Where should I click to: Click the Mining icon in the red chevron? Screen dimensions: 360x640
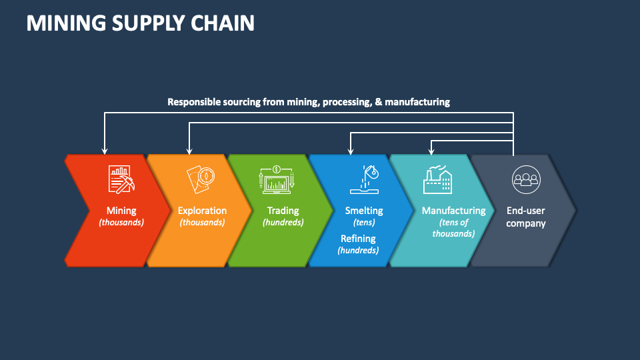121,179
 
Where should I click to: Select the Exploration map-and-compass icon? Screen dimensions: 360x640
202,179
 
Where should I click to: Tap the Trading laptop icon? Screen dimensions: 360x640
277,179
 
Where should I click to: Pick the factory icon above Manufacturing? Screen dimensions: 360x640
437,179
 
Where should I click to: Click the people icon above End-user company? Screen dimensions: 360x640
525,179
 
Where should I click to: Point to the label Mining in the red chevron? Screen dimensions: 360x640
121,211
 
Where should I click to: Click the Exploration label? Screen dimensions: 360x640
202,211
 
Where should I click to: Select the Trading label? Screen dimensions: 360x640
283,211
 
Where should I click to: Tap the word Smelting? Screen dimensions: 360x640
364,211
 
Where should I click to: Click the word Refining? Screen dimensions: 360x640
358,239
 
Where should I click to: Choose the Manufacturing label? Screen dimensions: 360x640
453,211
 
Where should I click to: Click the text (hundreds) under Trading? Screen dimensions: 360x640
283,223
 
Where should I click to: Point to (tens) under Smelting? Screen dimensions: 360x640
364,223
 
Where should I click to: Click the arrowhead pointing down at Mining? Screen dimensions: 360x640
105,151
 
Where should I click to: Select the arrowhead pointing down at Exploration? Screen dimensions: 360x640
189,151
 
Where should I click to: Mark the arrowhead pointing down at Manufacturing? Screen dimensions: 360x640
431,151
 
